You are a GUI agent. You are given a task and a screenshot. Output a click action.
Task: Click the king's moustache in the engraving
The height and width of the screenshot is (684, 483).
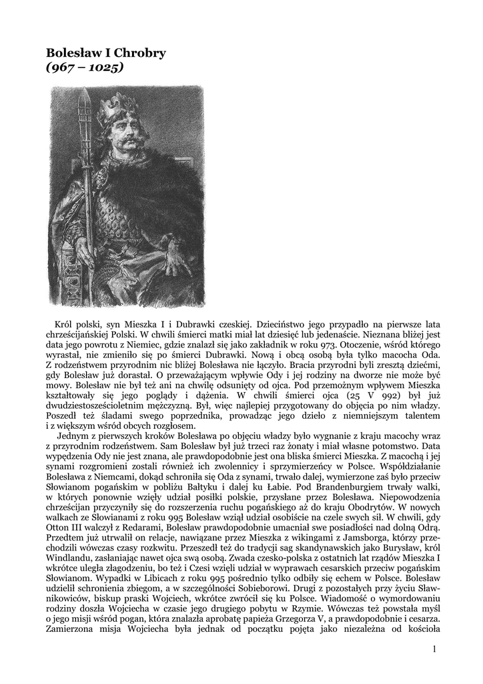(131, 140)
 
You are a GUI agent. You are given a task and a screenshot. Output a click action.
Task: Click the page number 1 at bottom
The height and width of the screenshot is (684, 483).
(434, 649)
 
